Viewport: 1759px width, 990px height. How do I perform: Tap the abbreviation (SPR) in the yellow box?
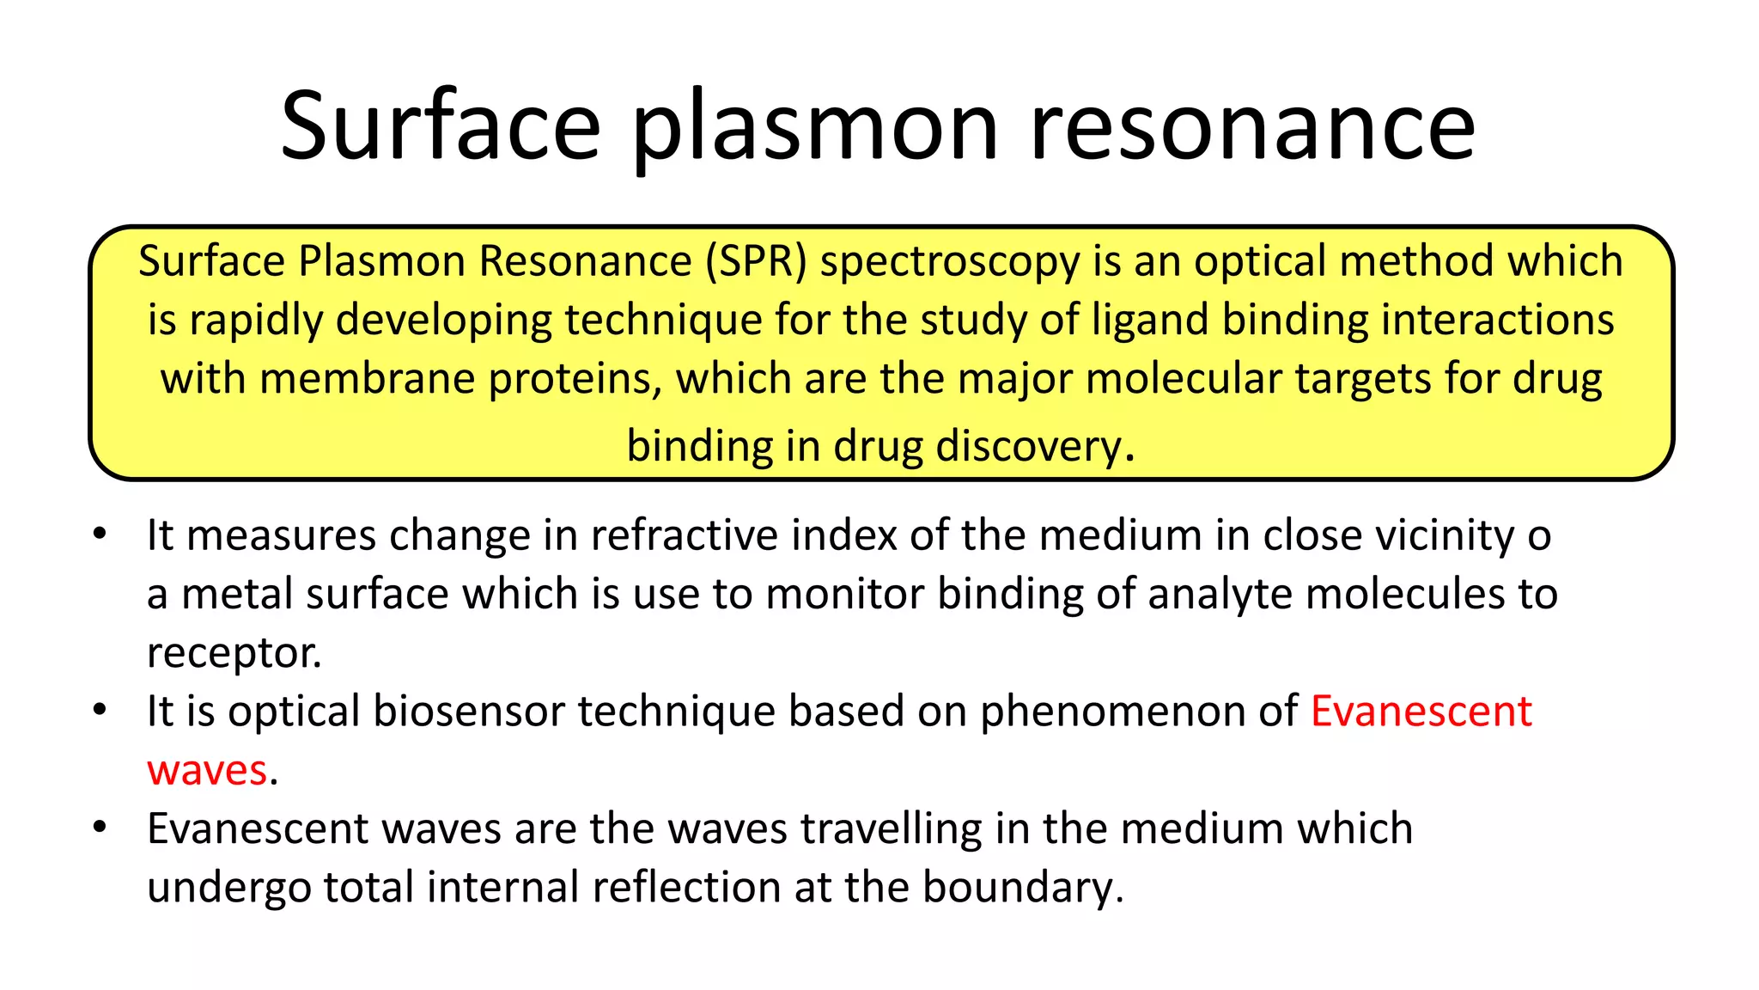(756, 261)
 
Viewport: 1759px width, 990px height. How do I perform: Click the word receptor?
(233, 654)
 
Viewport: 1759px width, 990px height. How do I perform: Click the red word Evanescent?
(1421, 712)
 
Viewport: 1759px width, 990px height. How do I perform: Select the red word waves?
(207, 771)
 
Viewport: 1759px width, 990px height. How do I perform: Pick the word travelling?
(891, 829)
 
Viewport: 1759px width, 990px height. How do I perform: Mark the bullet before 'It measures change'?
(100, 535)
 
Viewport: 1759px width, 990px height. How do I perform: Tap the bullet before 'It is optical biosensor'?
(100, 711)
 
